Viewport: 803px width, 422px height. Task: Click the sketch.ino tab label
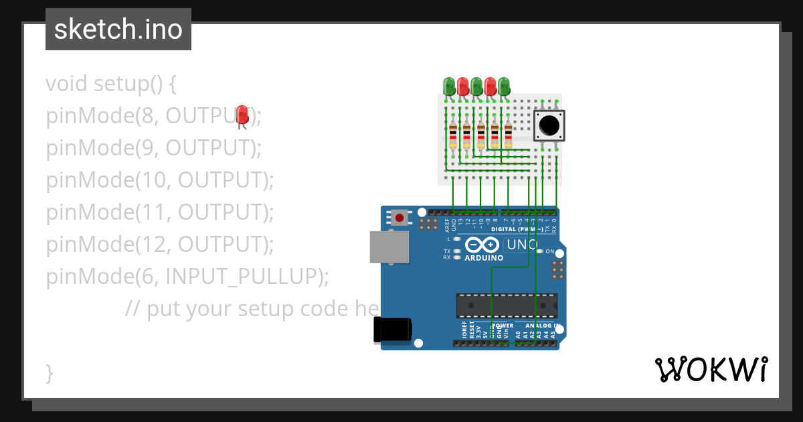coord(118,29)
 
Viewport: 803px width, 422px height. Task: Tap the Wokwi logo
coord(711,369)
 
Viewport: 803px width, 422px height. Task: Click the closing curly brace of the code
coord(49,372)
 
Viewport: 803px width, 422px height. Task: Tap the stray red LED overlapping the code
coord(242,115)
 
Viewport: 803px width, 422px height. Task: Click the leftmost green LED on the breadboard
coord(449,86)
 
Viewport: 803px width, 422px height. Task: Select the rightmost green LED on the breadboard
coord(504,86)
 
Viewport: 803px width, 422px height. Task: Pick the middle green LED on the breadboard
coord(476,86)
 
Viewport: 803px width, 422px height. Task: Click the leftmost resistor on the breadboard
coord(453,135)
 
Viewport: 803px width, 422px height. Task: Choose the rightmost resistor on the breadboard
coord(508,135)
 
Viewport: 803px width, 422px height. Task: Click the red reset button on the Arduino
coord(400,217)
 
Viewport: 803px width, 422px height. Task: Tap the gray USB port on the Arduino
coord(389,247)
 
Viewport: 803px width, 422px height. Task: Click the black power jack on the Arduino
coord(393,330)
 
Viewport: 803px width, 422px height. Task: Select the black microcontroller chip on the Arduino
coord(507,305)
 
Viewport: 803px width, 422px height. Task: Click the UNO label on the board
coord(523,245)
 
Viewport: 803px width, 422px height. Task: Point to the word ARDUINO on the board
coord(484,258)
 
